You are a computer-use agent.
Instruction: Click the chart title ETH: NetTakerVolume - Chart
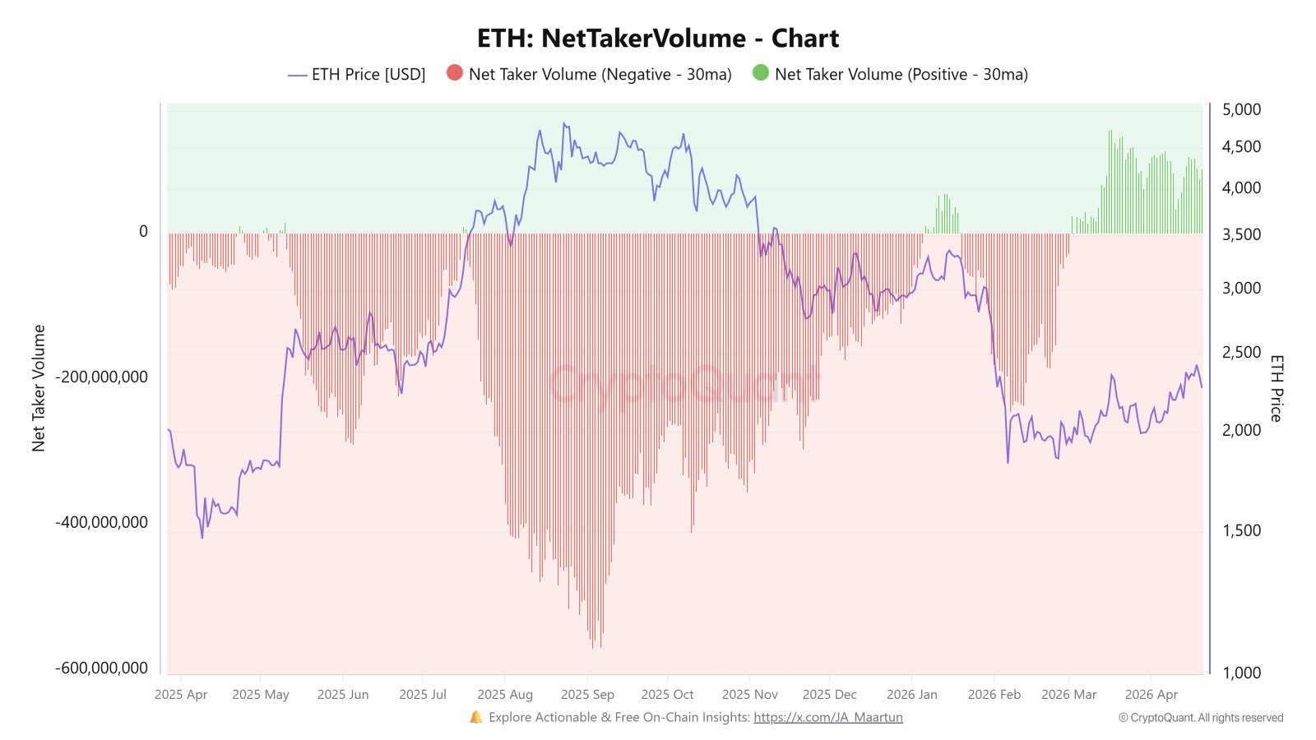(x=658, y=39)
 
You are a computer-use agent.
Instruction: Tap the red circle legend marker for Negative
(x=454, y=73)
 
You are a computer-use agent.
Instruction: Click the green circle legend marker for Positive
(x=760, y=73)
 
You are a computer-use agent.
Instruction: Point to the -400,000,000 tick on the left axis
(x=101, y=522)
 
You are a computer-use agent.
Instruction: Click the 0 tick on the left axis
(x=143, y=232)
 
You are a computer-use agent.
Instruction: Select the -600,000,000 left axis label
(x=101, y=668)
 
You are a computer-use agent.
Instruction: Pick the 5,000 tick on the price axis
(x=1241, y=109)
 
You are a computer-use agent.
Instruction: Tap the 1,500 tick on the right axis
(x=1241, y=530)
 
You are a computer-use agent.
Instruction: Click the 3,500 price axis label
(x=1241, y=234)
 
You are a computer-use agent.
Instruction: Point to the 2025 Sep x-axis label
(x=587, y=695)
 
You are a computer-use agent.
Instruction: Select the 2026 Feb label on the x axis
(x=994, y=695)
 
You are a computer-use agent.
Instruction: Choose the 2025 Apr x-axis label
(x=181, y=695)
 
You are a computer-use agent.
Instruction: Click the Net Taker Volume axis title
(x=39, y=388)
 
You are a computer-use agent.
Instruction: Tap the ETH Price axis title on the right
(x=1276, y=388)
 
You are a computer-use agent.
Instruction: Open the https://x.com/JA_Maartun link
(x=827, y=717)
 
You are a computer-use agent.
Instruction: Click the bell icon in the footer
(x=476, y=717)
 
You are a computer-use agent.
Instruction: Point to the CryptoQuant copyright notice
(x=1200, y=718)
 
